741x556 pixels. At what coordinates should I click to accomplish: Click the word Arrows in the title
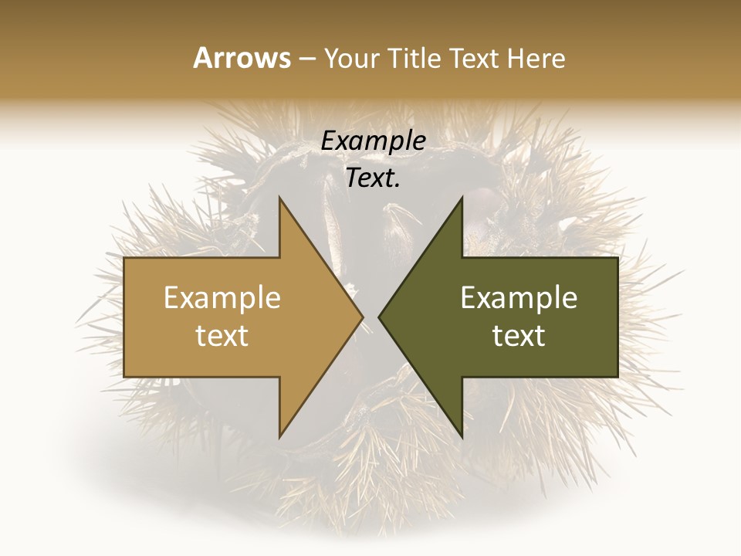point(242,58)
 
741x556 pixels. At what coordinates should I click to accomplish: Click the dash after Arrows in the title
point(306,59)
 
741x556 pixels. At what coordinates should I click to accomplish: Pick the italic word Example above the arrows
point(374,141)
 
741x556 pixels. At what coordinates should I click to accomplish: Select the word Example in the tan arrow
point(222,297)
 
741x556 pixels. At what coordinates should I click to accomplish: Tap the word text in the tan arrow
point(222,336)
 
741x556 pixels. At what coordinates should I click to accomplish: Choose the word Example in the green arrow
point(519,297)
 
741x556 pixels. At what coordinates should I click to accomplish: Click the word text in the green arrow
point(519,336)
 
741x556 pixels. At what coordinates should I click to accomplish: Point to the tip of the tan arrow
point(363,317)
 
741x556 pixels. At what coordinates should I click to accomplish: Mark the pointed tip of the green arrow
point(378,317)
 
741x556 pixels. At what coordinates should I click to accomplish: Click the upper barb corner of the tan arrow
point(279,197)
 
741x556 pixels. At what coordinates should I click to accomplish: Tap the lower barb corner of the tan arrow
point(279,437)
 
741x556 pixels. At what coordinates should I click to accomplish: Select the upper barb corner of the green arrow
point(462,197)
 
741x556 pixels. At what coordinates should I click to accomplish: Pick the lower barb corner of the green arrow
point(462,437)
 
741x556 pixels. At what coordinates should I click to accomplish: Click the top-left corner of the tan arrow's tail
point(124,258)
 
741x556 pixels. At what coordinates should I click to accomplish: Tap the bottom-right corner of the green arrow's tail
point(617,377)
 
